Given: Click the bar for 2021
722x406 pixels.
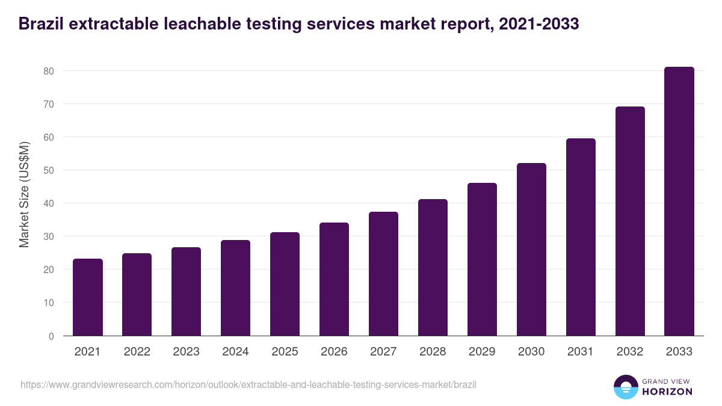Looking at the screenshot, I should point(88,297).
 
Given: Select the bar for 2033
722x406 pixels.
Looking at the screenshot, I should point(679,201).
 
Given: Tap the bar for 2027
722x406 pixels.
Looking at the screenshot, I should point(383,274).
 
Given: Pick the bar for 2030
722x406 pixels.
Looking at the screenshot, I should point(531,250).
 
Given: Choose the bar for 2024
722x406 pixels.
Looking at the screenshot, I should point(235,288).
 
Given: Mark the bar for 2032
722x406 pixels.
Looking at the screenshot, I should point(630,221).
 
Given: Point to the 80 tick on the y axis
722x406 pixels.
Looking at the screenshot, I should point(49,71).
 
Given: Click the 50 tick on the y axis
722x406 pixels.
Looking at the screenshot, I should point(49,170).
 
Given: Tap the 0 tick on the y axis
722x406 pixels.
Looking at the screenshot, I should point(51,336).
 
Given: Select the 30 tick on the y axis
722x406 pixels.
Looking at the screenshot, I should point(49,236).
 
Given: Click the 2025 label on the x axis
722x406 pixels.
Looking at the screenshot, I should point(285,352).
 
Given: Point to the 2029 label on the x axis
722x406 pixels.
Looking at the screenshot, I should point(482,352).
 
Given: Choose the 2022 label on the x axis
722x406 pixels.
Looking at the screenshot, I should point(137,352).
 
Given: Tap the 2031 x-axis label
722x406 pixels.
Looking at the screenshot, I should point(581,352).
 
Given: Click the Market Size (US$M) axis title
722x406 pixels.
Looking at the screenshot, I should point(25,195).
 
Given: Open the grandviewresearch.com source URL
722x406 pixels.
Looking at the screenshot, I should point(248,384).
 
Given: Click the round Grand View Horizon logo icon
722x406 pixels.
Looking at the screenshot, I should point(625,387).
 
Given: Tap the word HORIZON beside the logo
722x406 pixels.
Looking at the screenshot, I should point(668,392).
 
